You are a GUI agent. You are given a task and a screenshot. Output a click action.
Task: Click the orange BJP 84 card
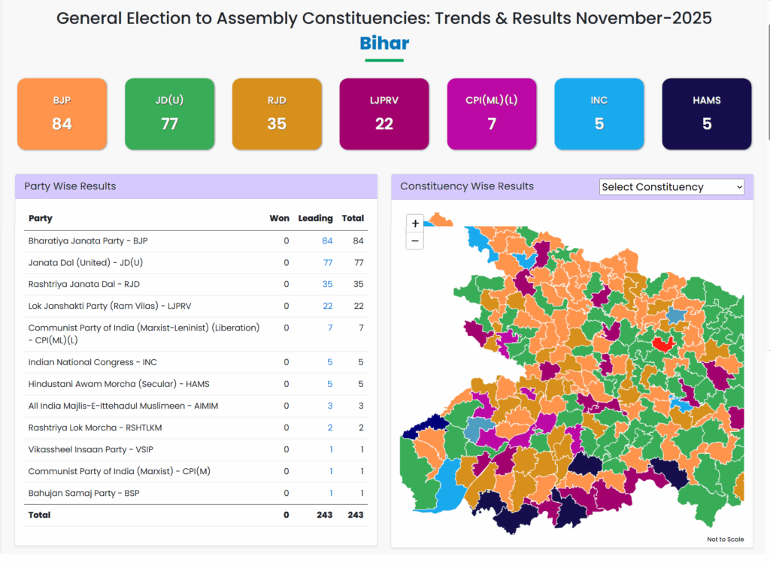coord(62,113)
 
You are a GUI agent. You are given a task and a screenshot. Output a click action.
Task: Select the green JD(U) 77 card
coord(169,113)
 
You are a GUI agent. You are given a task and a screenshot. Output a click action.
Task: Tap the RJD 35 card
coord(277,113)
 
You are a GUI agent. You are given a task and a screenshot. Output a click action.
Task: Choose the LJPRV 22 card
coord(384,113)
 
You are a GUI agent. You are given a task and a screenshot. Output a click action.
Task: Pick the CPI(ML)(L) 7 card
coord(492,113)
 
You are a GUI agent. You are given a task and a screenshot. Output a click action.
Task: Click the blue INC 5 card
coord(599,113)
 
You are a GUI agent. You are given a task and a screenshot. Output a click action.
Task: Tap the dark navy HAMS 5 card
coord(707,113)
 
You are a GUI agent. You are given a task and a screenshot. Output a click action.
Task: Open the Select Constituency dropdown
coord(671,187)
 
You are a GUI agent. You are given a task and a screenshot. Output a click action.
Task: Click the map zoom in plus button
coord(415,223)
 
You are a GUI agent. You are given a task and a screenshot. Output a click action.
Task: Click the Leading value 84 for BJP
coord(327,241)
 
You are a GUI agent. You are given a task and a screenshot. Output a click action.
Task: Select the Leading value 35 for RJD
coord(327,285)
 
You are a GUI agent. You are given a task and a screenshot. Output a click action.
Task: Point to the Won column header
coord(279,219)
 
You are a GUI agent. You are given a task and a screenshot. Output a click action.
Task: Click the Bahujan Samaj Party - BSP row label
coord(83,494)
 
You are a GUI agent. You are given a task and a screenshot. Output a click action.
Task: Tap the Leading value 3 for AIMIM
coord(329,406)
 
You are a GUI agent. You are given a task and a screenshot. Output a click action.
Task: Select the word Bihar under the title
coord(384,44)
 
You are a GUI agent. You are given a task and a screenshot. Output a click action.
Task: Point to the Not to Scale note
coord(725,539)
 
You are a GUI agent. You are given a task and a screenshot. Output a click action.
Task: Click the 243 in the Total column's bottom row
coord(356,515)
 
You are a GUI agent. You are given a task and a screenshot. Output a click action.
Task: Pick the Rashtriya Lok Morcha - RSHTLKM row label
coord(95,428)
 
